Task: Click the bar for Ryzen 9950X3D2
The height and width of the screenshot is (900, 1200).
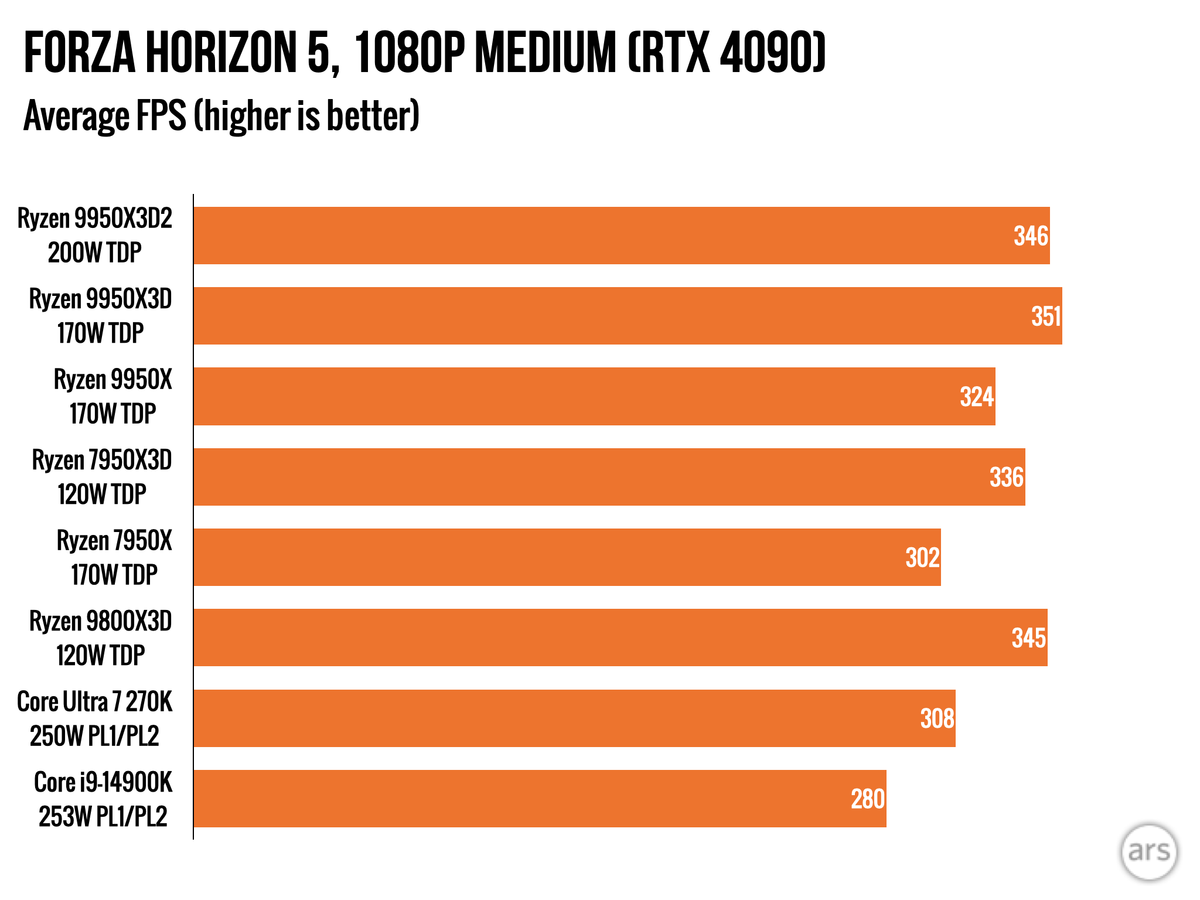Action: tap(621, 236)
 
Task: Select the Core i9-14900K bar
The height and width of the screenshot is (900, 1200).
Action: tap(539, 799)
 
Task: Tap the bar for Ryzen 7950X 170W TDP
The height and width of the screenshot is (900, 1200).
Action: tap(567, 557)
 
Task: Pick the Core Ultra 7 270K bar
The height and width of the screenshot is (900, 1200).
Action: tap(574, 718)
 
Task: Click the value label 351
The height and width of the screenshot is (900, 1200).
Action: tap(1046, 316)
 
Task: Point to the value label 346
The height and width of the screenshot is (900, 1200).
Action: tap(1031, 236)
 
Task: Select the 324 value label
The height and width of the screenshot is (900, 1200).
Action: tap(977, 397)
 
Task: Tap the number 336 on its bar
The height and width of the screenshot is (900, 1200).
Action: tap(1007, 477)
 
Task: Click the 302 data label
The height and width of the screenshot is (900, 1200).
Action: tap(922, 557)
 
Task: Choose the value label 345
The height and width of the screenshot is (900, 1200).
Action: tap(1028, 638)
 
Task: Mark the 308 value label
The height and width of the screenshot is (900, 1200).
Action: tap(937, 718)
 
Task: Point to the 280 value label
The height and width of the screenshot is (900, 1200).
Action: tap(868, 799)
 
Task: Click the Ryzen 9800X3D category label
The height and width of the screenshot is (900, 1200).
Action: tap(101, 638)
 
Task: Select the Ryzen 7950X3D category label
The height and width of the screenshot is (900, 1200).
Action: tap(102, 477)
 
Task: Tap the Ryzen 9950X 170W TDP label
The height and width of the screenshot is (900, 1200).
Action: tap(113, 397)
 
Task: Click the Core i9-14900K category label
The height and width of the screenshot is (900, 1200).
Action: tap(103, 799)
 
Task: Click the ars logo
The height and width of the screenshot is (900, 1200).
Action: tap(1148, 852)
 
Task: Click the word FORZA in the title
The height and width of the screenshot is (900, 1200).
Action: tap(79, 53)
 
